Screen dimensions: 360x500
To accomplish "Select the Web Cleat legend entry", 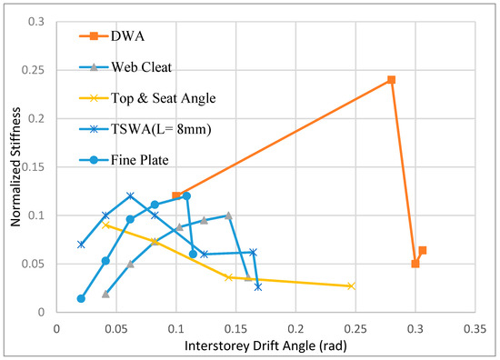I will click(x=132, y=67).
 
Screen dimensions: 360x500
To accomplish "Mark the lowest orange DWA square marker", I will click(x=415, y=264).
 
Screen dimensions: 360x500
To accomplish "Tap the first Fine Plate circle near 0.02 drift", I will click(x=81, y=298).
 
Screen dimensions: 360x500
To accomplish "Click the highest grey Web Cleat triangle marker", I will click(x=228, y=215).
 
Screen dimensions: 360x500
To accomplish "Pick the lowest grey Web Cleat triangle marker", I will click(x=106, y=294).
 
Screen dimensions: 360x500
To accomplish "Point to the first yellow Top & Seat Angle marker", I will click(x=106, y=225).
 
